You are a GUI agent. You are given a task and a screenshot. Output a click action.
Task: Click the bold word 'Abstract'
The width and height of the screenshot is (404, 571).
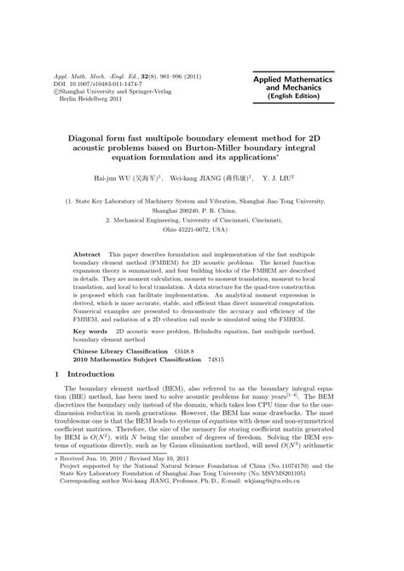coord(89,256)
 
